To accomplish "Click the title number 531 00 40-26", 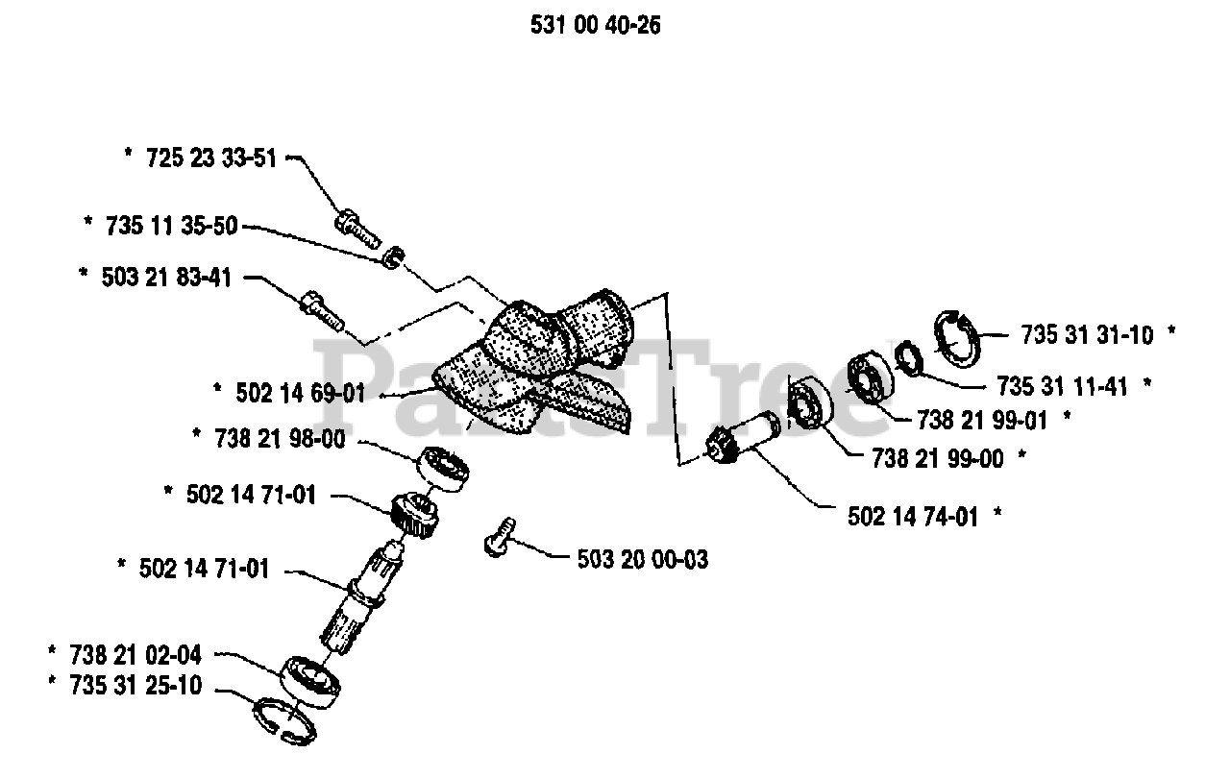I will [595, 26].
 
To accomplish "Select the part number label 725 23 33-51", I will [211, 158].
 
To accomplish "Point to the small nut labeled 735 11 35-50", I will [391, 258].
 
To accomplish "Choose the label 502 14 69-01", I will [301, 393].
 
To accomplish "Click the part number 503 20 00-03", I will [643, 559].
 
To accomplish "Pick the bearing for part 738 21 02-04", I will [310, 682].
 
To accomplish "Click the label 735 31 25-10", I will [135, 687].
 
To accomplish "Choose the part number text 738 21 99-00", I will [938, 458].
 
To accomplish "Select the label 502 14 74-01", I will [913, 517].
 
